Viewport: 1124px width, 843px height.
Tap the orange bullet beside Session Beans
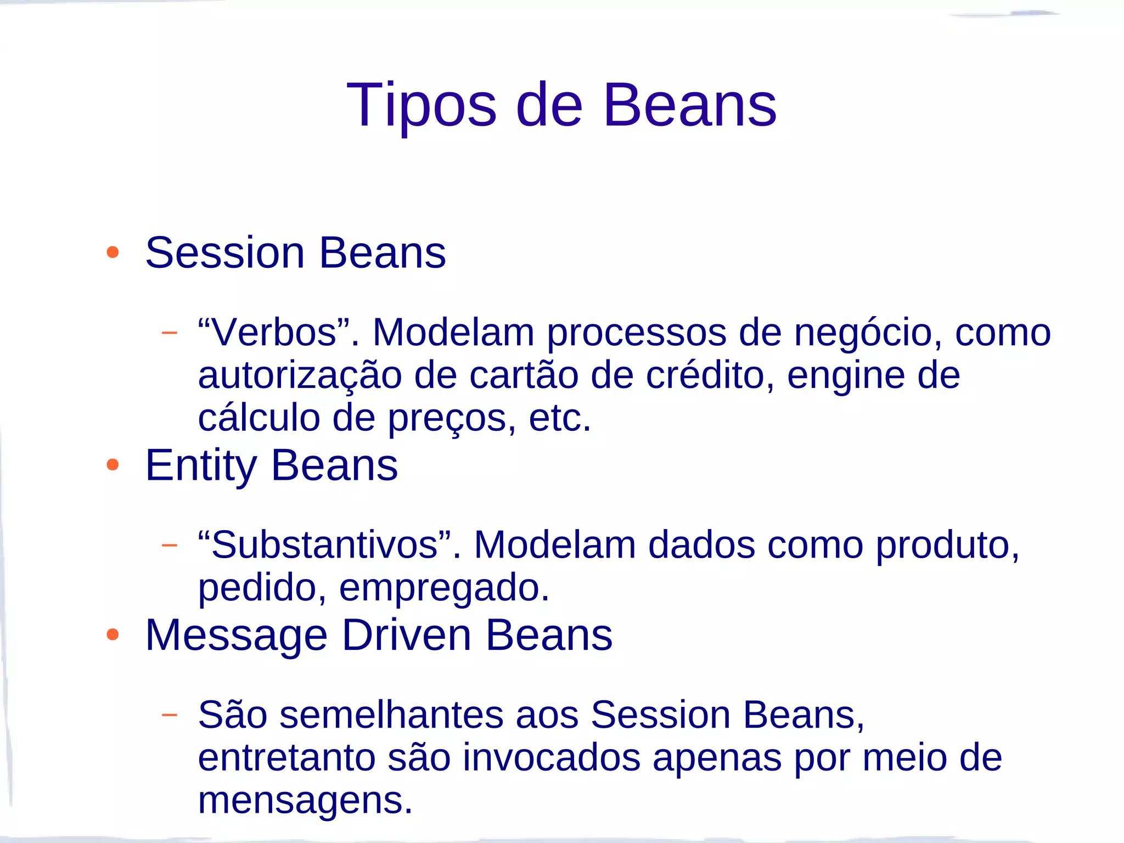point(113,252)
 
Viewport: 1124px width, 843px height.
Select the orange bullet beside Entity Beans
point(113,465)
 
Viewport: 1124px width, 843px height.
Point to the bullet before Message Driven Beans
point(113,634)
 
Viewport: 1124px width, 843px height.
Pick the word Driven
point(406,635)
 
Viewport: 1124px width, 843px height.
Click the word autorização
point(300,376)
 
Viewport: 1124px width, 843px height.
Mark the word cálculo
point(259,418)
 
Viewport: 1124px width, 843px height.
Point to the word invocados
point(551,757)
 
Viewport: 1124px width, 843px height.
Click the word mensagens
point(305,801)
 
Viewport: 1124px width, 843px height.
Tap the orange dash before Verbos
point(170,333)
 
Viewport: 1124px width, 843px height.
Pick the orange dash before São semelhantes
point(170,715)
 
